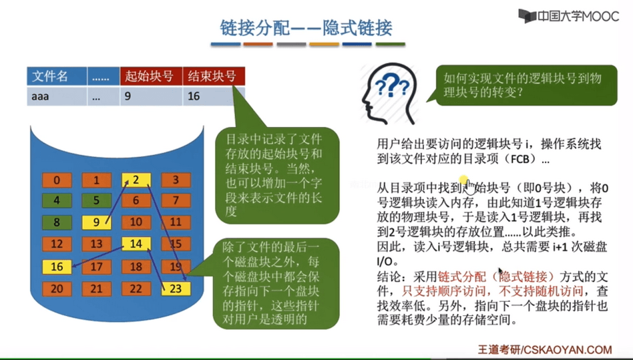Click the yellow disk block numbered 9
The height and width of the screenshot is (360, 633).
tap(96, 222)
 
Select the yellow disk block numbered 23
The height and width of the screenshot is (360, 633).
tap(176, 289)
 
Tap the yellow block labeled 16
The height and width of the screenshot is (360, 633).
tap(57, 266)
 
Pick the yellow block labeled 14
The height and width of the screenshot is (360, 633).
tap(136, 244)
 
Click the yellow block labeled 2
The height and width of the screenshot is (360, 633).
tap(136, 180)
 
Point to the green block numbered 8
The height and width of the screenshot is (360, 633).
tap(57, 222)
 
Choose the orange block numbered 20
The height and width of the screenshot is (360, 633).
tap(57, 289)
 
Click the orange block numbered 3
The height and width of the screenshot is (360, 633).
tap(176, 180)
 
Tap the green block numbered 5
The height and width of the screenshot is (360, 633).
tap(96, 200)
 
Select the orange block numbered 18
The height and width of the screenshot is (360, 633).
tap(136, 266)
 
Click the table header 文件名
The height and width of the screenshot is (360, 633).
tap(57, 76)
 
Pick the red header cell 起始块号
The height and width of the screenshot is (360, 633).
tap(151, 76)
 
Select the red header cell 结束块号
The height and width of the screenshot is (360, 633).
tap(214, 76)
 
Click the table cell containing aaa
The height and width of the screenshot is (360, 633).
tap(57, 96)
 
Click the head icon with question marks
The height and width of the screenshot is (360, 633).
tap(389, 94)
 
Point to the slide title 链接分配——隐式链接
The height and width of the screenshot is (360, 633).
tap(306, 28)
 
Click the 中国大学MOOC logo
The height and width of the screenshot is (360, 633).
tap(568, 16)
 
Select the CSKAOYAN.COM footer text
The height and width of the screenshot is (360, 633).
tap(566, 349)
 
